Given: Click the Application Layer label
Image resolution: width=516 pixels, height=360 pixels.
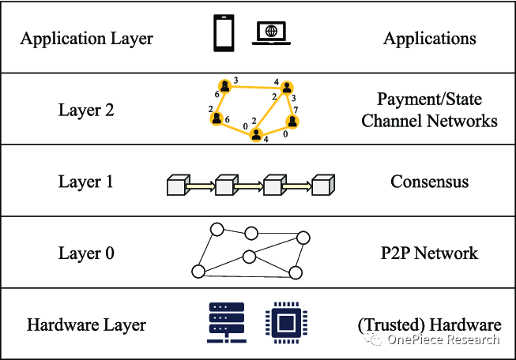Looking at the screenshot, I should point(87,38).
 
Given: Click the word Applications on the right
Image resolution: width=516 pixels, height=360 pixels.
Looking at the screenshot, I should point(429,38).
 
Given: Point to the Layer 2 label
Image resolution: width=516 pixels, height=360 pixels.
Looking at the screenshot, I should point(86,110).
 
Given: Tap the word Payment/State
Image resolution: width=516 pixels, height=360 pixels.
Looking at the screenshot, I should point(429,99).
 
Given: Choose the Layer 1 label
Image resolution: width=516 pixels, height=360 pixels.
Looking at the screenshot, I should point(86,182).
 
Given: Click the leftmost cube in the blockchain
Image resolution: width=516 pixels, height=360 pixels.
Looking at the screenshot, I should point(176,186).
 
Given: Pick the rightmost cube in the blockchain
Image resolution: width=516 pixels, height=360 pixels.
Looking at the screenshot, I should point(321,186).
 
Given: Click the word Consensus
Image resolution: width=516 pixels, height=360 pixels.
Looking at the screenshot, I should point(429,182).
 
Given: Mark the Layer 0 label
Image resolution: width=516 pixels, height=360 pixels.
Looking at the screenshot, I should point(86,253).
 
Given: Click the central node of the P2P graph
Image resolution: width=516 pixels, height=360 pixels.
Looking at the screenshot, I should point(250,256).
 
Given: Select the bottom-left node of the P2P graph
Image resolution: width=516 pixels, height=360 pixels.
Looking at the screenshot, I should point(198,272).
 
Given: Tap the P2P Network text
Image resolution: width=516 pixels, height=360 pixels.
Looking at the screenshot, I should point(429,253).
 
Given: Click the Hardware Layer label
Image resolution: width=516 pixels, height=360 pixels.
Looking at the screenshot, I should point(87,324).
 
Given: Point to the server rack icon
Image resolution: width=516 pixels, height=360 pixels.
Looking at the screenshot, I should point(224,323).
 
